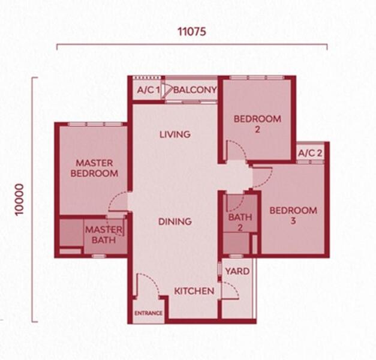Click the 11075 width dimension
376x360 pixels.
191,31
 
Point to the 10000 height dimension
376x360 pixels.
19,200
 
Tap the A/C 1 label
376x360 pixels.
149,90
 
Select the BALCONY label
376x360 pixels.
195,90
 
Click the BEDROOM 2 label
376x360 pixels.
257,124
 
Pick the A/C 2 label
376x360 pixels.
310,153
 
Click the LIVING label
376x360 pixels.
175,134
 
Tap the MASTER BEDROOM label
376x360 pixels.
94,168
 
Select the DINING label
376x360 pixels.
175,221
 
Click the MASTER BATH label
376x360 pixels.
104,235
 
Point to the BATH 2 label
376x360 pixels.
240,222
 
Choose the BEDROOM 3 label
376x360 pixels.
293,215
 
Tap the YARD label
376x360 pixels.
237,271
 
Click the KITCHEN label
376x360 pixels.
194,291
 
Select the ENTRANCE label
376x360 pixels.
149,313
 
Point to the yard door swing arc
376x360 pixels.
234,287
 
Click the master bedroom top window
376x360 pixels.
95,124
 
